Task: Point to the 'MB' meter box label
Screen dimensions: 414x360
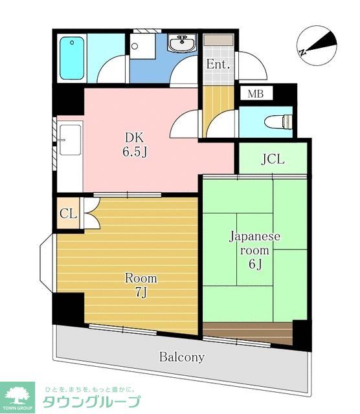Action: [256, 94]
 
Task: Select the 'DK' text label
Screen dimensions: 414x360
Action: [135, 136]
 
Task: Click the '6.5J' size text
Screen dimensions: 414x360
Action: [135, 152]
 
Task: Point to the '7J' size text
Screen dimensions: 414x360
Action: [141, 293]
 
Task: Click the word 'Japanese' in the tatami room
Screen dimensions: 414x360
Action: [254, 236]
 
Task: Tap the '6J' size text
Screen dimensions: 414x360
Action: [254, 265]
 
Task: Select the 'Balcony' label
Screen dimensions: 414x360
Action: [182, 357]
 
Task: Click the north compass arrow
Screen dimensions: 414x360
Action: [317, 45]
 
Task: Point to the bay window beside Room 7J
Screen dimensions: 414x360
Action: [45, 265]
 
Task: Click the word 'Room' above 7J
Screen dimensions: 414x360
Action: [141, 279]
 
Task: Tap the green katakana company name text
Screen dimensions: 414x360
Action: [91, 402]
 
